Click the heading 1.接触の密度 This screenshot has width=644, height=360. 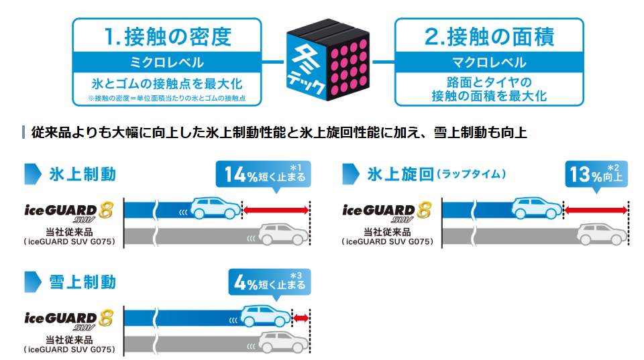point(168,36)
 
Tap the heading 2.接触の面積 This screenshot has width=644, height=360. point(489,36)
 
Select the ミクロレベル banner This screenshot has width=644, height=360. point(167,62)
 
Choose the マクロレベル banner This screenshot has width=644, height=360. point(489,62)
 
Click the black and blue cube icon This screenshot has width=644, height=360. point(328,60)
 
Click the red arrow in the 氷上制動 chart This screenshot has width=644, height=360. point(276,211)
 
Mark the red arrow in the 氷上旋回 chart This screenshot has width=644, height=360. point(596,211)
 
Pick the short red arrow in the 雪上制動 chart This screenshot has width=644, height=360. point(301,318)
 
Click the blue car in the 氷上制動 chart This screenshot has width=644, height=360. point(216,208)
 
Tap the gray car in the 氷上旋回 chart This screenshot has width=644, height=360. point(602,234)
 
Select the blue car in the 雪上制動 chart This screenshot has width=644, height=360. point(266,316)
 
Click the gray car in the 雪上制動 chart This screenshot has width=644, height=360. point(283,341)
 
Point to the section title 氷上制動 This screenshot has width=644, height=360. point(83,174)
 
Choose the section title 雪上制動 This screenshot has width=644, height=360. point(83,282)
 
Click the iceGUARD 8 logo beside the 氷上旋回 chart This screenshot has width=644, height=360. point(387,211)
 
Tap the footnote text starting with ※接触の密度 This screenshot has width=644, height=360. point(167,98)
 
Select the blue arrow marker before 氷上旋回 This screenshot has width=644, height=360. point(351,174)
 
